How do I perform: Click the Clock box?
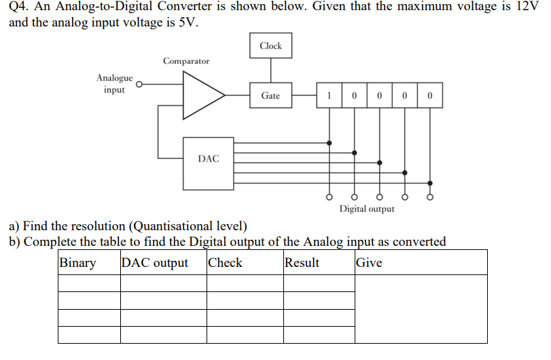(x=270, y=46)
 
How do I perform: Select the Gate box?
(x=270, y=96)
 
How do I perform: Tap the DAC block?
(x=208, y=159)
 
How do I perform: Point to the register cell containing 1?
(x=330, y=96)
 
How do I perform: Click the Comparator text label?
(x=186, y=61)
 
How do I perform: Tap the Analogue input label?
(x=114, y=84)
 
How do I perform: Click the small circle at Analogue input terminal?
(x=139, y=85)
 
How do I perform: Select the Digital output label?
(x=367, y=209)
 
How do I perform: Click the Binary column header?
(x=78, y=263)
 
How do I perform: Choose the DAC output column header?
(x=155, y=263)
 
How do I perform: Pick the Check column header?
(x=225, y=263)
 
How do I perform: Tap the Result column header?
(x=302, y=263)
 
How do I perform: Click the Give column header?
(x=369, y=263)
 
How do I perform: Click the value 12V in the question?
(x=527, y=7)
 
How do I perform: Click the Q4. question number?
(x=18, y=7)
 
